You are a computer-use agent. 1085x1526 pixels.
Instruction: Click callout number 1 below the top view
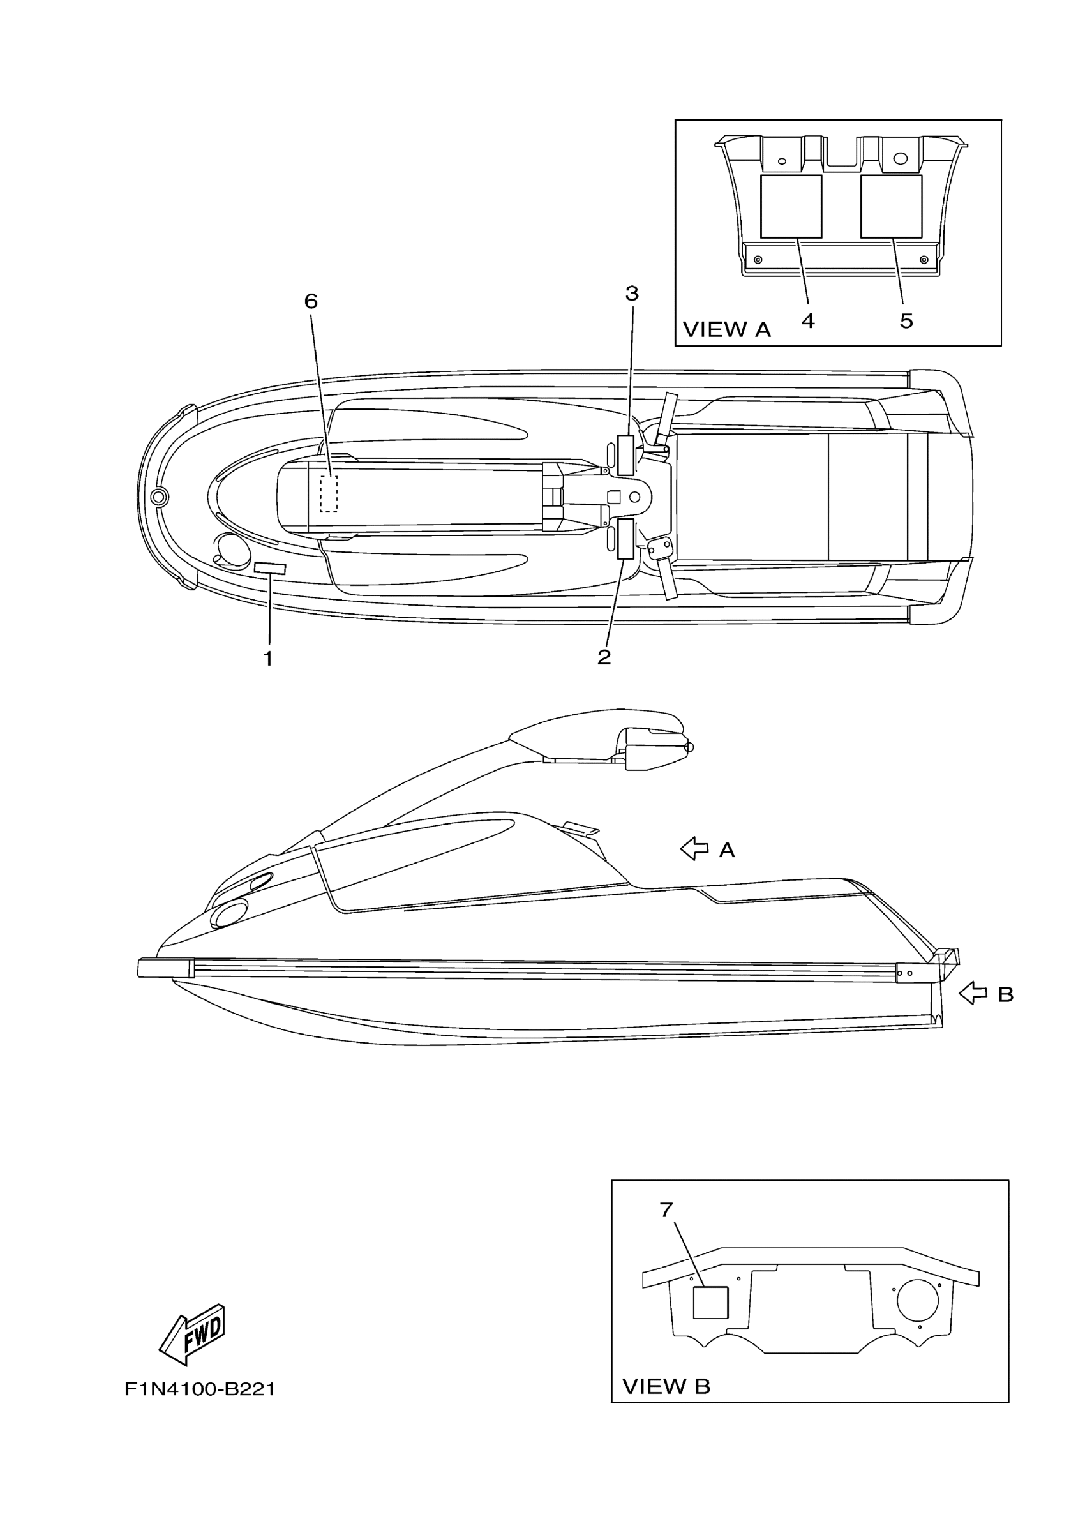(x=268, y=658)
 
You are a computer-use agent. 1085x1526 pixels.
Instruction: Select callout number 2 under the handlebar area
(x=604, y=657)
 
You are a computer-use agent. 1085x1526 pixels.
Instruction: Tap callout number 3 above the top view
(x=631, y=294)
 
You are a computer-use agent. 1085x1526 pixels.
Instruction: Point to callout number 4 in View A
(x=808, y=322)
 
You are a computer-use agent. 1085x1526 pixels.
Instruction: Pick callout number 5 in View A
(x=906, y=322)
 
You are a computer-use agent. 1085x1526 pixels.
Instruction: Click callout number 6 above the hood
(x=311, y=301)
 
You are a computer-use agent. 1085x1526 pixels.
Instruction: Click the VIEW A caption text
(x=726, y=329)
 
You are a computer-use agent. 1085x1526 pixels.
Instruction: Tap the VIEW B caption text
(x=666, y=1386)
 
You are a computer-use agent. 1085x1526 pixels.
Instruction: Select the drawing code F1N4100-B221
(x=200, y=1389)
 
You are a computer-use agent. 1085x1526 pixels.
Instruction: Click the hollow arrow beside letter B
(x=973, y=1012)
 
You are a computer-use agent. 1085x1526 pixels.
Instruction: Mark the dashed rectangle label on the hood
(x=329, y=495)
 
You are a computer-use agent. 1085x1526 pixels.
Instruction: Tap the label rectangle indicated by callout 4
(x=791, y=206)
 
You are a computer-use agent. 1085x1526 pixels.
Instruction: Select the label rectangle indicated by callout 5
(x=891, y=206)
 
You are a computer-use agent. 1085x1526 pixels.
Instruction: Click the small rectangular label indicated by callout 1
(x=270, y=569)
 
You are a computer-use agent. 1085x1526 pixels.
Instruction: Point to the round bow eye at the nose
(x=159, y=497)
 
